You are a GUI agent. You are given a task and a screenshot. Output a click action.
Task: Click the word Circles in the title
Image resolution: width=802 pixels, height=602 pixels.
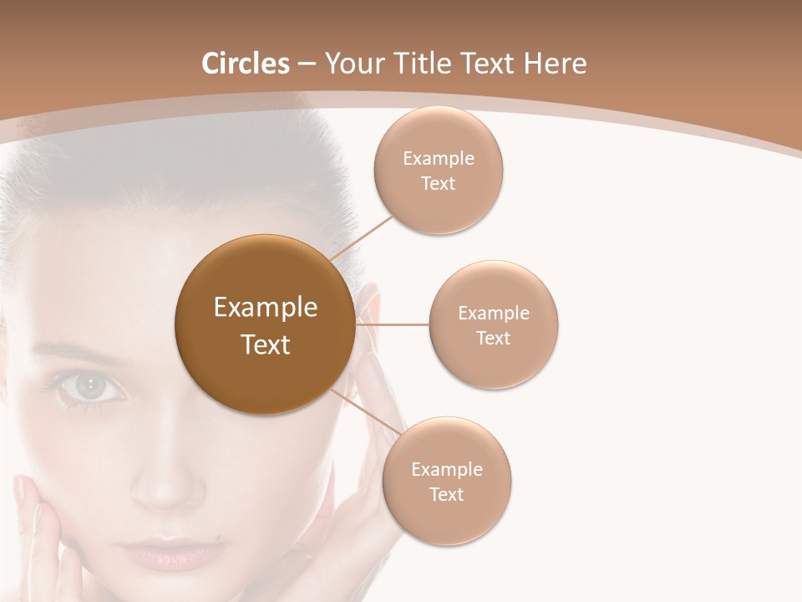(x=245, y=64)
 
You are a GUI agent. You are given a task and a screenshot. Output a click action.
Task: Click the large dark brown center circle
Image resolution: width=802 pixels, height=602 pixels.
(x=265, y=324)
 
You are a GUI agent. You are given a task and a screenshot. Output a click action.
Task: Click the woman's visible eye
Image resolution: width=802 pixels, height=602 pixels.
(x=90, y=385)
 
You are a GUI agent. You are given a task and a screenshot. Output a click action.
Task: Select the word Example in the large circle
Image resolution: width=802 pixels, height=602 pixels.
(x=265, y=308)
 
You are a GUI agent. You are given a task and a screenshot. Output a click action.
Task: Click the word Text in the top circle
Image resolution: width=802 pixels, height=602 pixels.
(x=438, y=184)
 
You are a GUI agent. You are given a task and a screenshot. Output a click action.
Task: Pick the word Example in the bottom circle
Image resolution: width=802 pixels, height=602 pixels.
(x=446, y=469)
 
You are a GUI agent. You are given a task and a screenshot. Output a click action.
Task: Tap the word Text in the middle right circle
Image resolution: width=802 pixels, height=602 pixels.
(x=493, y=338)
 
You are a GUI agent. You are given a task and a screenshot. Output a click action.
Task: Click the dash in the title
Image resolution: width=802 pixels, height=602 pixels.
(x=307, y=64)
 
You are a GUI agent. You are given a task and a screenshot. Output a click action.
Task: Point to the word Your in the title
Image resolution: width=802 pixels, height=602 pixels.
(x=352, y=64)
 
